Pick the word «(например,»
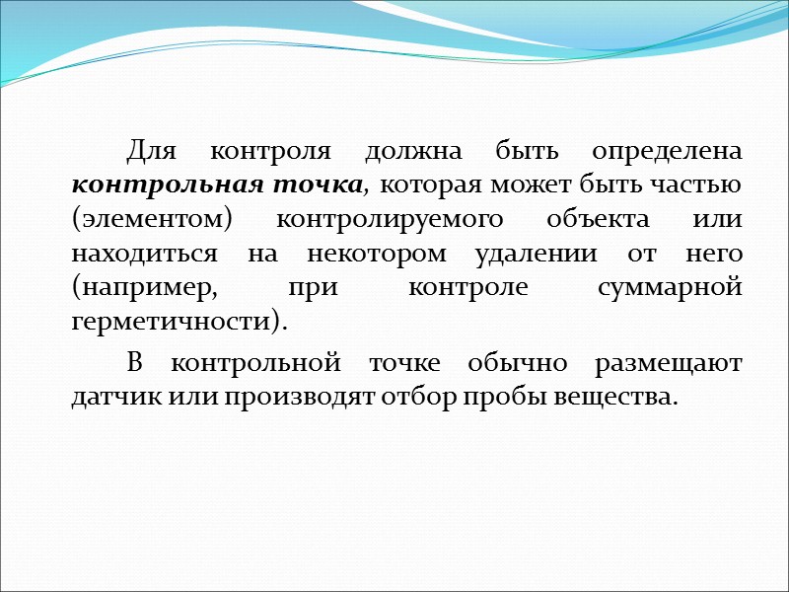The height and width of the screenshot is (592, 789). coord(149,289)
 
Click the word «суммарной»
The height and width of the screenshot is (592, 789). coord(670,289)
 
